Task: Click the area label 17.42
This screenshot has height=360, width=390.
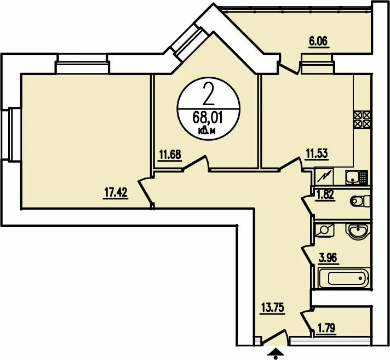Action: (116, 193)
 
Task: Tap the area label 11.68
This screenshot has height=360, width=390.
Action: (170, 155)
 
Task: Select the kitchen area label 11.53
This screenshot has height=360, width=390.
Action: (317, 153)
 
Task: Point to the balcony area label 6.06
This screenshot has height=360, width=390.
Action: (319, 41)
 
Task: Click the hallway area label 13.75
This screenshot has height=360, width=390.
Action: (272, 308)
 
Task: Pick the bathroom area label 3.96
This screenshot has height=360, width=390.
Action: (328, 258)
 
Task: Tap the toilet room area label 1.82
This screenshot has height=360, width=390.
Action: (324, 195)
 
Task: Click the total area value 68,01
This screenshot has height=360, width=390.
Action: (208, 118)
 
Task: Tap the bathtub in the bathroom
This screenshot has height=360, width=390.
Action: (344, 278)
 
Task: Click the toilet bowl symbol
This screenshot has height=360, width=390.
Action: (360, 201)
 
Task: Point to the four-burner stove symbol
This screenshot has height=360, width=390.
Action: (363, 119)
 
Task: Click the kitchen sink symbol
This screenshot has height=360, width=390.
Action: (357, 177)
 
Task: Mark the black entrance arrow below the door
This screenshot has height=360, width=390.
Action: (275, 353)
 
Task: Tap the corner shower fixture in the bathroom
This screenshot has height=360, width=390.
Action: (325, 230)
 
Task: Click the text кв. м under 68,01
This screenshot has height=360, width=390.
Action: (207, 131)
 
